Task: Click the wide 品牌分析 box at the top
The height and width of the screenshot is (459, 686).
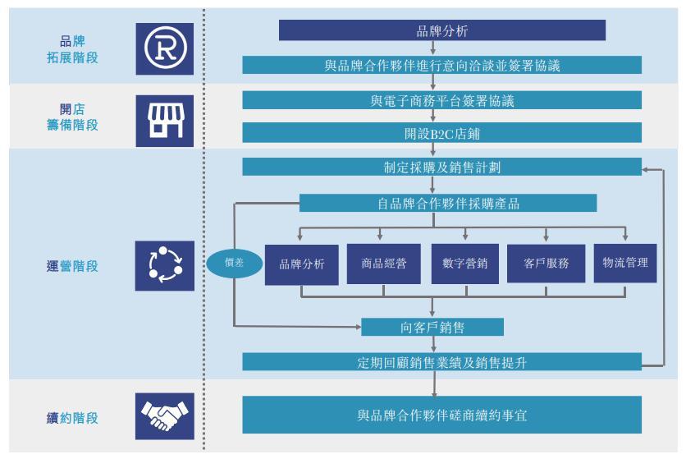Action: (441, 31)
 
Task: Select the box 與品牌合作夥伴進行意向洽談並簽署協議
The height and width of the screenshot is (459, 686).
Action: (441, 66)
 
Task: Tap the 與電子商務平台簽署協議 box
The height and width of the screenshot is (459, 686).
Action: (441, 101)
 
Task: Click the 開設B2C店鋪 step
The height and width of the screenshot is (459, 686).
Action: (441, 133)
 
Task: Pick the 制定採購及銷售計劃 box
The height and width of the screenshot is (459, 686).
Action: (441, 168)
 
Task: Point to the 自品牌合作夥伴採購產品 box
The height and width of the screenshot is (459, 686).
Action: (447, 203)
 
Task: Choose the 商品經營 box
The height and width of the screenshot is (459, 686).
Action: (383, 264)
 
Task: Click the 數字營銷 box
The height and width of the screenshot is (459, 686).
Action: (464, 264)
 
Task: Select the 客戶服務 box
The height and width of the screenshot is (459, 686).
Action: (546, 264)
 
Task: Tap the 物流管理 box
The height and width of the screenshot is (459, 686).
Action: (625, 263)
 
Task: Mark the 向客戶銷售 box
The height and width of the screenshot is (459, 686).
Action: (432, 327)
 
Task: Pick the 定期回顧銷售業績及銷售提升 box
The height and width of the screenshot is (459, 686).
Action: (441, 362)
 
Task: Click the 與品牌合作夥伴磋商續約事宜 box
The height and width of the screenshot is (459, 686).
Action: (441, 415)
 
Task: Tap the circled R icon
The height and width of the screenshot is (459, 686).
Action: (164, 48)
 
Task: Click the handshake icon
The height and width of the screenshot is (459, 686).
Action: (164, 416)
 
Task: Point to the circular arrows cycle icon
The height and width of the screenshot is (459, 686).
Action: (164, 265)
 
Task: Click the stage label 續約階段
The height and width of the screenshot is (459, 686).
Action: (72, 418)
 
